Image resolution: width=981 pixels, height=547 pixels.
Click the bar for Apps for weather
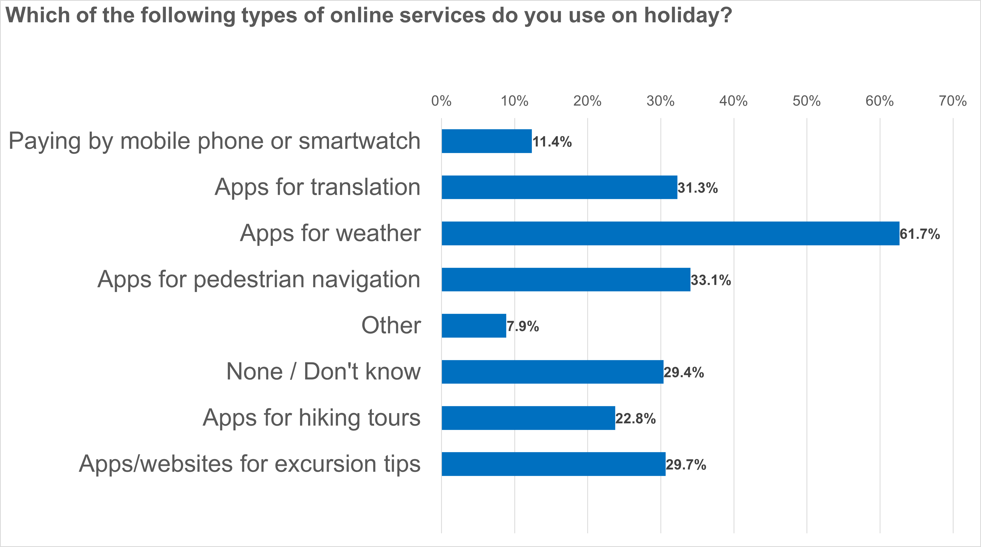click(x=670, y=233)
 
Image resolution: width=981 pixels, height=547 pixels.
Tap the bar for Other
click(x=474, y=326)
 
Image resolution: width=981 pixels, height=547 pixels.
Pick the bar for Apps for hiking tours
click(x=528, y=418)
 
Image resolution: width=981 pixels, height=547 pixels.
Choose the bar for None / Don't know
click(x=552, y=372)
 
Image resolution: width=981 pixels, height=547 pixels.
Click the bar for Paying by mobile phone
click(x=486, y=141)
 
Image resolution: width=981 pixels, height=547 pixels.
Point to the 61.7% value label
click(x=920, y=234)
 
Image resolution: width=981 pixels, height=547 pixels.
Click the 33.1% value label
click(x=711, y=280)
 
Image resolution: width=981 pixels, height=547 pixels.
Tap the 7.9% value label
click(x=522, y=326)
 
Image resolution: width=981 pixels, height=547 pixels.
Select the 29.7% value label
click(x=686, y=465)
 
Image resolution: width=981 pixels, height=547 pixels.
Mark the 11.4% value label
click(x=552, y=142)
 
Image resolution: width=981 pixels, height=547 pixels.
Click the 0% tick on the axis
click(x=441, y=101)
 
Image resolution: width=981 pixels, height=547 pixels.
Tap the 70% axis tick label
click(x=953, y=101)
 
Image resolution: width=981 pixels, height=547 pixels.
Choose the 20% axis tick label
click(x=587, y=101)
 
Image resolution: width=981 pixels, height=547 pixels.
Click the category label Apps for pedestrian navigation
click(x=259, y=280)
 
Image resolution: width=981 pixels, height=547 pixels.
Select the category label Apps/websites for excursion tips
click(x=250, y=464)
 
